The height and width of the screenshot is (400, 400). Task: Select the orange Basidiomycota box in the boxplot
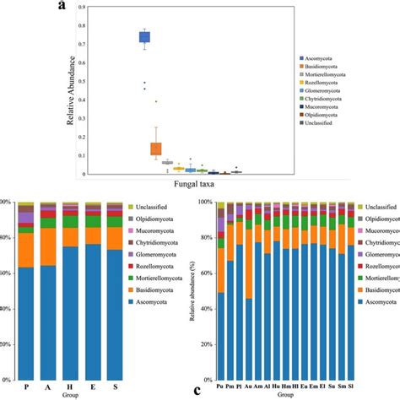point(155,148)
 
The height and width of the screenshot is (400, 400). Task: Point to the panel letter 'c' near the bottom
point(197,390)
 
